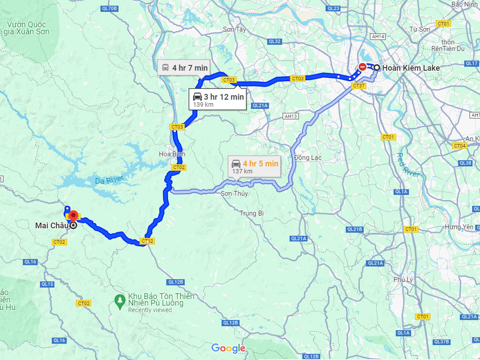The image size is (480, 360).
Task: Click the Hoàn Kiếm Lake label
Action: click(x=411, y=68)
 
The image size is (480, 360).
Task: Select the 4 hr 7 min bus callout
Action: click(x=185, y=68)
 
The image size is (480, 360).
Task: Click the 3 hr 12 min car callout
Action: click(x=217, y=99)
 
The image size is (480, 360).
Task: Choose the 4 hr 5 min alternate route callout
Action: click(x=255, y=166)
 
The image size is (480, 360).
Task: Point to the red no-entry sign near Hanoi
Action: click(x=362, y=67)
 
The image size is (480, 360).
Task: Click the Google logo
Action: click(x=228, y=348)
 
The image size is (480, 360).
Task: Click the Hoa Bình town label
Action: click(x=172, y=154)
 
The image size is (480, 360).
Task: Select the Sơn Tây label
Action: click(x=234, y=29)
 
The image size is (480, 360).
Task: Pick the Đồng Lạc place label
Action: click(x=307, y=157)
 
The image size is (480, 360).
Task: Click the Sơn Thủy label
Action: click(x=234, y=194)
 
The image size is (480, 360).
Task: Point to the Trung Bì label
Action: click(x=252, y=213)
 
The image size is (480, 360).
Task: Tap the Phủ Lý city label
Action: click(x=403, y=279)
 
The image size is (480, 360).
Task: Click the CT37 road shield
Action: click(x=359, y=86)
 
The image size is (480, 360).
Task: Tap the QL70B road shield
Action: click(x=109, y=8)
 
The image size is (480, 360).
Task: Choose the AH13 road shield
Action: click(x=291, y=116)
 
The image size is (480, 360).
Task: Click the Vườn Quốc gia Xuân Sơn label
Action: click(x=28, y=28)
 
